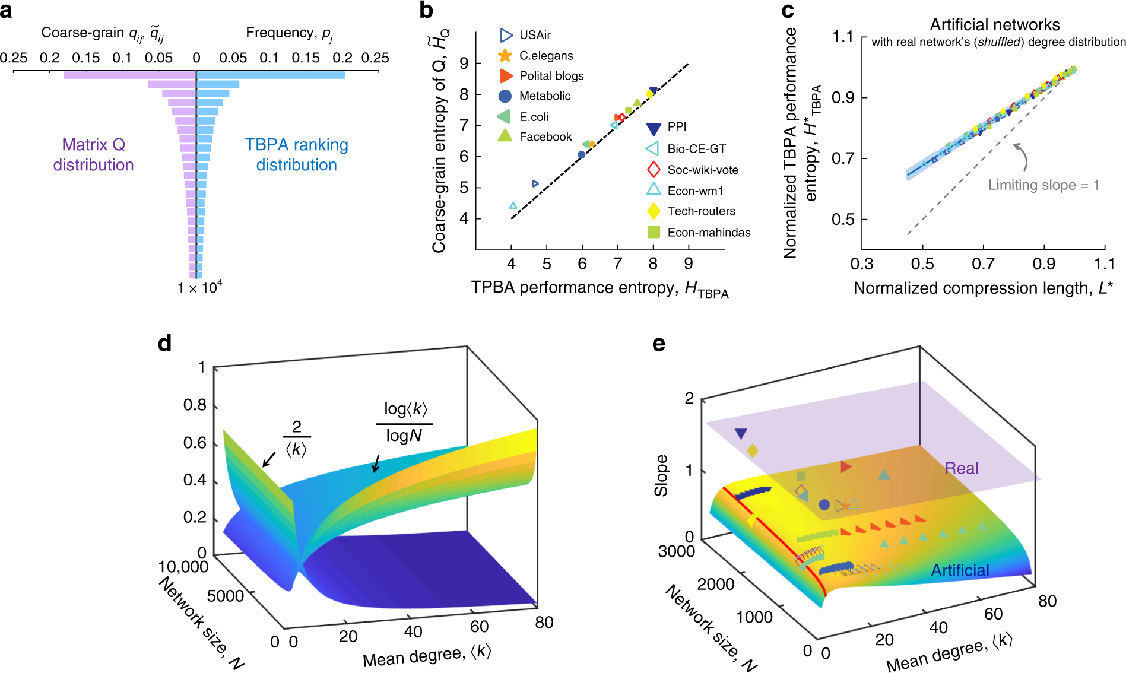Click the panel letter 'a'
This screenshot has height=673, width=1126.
point(7,11)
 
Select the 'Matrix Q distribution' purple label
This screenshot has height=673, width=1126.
point(93,155)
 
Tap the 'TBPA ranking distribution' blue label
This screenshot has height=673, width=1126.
point(296,155)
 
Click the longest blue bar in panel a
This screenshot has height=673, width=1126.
point(271,75)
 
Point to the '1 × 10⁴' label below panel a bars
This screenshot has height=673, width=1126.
point(199,288)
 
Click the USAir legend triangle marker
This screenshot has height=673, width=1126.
point(506,35)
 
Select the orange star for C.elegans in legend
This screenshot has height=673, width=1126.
point(505,56)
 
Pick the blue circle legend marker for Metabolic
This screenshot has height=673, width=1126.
point(505,96)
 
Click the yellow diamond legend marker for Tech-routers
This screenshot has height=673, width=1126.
point(653,211)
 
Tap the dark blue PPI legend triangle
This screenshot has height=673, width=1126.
point(653,128)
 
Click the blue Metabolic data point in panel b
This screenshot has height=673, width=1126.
point(582,155)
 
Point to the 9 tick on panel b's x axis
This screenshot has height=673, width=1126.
point(688,264)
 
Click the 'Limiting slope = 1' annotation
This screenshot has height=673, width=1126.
point(1043,185)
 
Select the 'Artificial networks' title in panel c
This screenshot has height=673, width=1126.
point(994,25)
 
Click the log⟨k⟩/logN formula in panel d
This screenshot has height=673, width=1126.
point(404,422)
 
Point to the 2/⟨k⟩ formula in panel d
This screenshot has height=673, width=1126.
point(296,438)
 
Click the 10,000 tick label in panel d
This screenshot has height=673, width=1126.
point(183,567)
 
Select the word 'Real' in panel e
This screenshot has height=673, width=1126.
point(961,468)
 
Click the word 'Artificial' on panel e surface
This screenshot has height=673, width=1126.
point(959,570)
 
